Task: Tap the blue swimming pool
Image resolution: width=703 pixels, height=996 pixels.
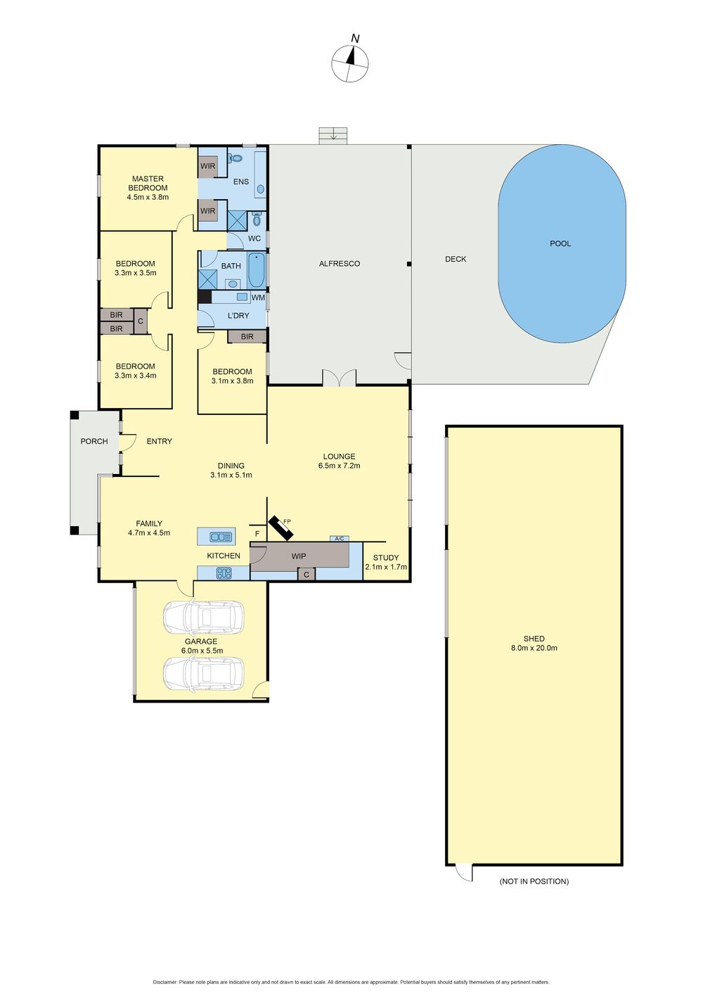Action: [x=562, y=243]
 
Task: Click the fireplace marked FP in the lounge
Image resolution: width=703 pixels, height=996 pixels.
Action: [x=280, y=528]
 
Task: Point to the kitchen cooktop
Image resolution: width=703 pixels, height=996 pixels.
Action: [x=224, y=573]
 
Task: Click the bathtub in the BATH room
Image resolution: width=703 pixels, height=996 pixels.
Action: [x=257, y=270]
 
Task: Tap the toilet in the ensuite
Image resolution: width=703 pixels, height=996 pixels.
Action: [x=235, y=158]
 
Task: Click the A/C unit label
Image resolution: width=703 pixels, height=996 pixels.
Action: [x=339, y=539]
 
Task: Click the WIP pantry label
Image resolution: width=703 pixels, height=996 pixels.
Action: [x=299, y=556]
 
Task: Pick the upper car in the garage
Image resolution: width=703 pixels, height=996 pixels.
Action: [x=204, y=616]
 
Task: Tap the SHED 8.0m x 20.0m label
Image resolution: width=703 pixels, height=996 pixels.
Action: [x=534, y=644]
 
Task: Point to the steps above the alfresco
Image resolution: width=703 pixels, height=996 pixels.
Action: [x=333, y=136]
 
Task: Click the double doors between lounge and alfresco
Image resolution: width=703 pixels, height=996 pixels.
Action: [x=339, y=378]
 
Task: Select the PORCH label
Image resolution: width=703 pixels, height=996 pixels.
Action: [x=94, y=441]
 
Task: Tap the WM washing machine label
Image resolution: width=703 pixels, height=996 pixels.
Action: [x=258, y=298]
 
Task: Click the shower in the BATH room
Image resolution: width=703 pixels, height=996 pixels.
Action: [x=208, y=279]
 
